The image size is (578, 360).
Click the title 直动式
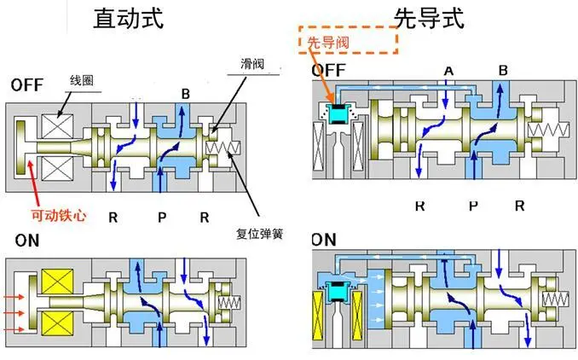pyautogui.click(x=128, y=18)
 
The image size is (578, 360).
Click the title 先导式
pyautogui.click(x=428, y=18)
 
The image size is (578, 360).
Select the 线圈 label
pyautogui.click(x=81, y=81)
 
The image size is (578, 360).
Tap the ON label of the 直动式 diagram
pyautogui.click(x=27, y=241)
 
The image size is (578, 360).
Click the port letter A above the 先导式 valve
pyautogui.click(x=448, y=69)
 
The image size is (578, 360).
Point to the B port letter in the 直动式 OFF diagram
pyautogui.click(x=185, y=93)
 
